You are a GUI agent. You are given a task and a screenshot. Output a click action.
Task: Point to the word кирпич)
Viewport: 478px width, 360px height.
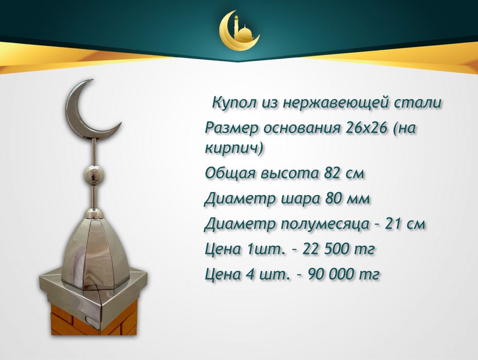[234, 148]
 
